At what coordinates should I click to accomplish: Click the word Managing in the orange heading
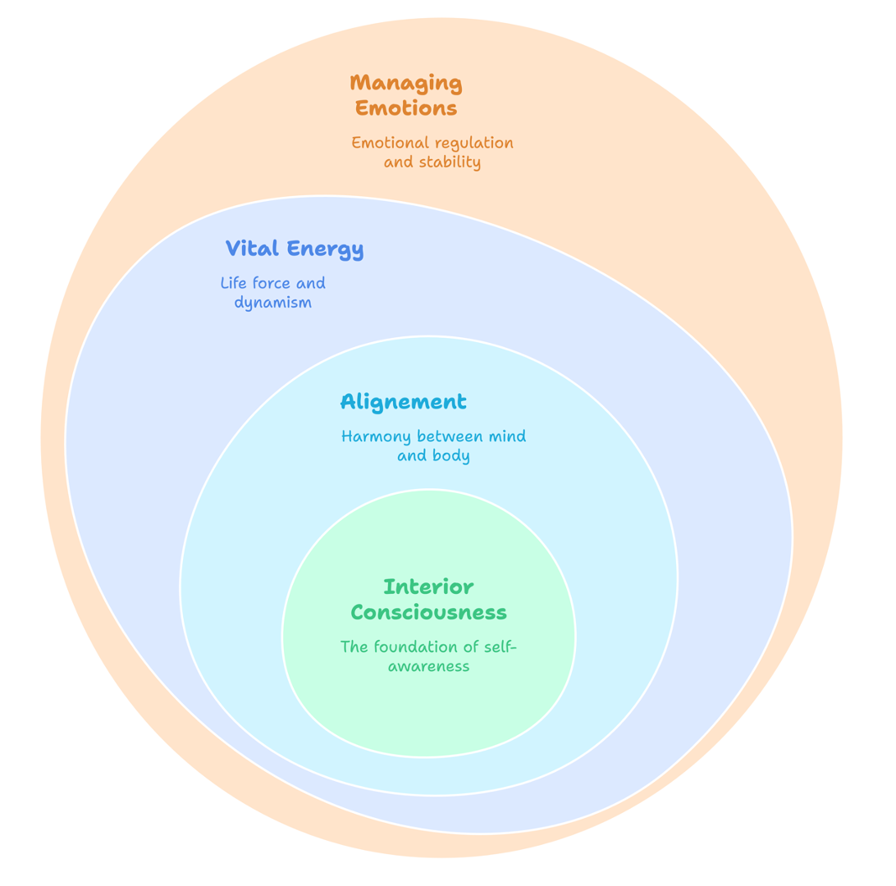406,83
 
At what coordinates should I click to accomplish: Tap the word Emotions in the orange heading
406,108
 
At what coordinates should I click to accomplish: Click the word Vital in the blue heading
250,249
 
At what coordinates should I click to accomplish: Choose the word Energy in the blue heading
326,249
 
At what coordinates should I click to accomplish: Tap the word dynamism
272,303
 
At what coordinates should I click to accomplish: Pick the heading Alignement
403,402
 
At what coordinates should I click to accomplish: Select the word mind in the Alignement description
507,436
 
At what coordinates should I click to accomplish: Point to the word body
451,456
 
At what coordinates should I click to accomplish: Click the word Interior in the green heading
428,587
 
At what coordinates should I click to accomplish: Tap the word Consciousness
428,613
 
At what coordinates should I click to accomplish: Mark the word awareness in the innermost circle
428,666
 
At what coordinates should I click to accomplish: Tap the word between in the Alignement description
450,436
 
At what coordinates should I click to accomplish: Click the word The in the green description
354,646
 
